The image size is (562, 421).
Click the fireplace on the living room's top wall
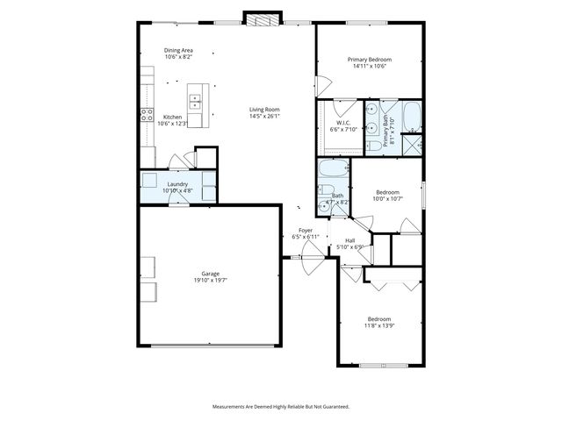[259, 20]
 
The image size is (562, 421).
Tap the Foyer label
[306, 230]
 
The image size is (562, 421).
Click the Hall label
[349, 240]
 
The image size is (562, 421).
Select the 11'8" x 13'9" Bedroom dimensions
[379, 325]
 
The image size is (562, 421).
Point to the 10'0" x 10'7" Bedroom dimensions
[388, 198]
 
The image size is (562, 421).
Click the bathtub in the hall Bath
[334, 168]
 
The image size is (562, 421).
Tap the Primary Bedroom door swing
[323, 87]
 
